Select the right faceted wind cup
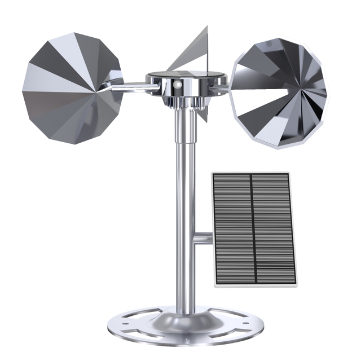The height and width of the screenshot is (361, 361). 279,93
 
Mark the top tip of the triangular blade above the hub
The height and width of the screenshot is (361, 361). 207,27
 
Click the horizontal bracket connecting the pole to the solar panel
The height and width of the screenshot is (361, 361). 203,238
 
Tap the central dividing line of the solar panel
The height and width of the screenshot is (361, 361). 253,228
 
